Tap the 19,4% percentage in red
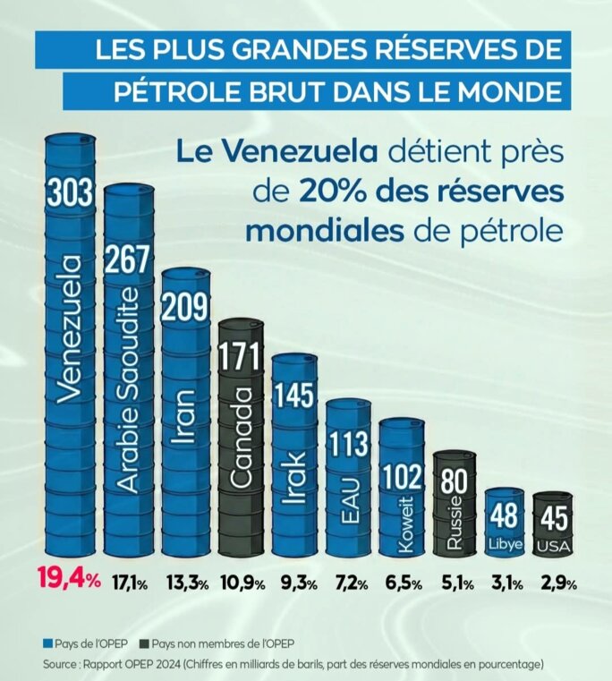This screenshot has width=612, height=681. click(67, 581)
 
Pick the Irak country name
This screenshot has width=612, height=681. click(295, 480)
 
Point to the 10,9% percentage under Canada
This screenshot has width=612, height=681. click(242, 583)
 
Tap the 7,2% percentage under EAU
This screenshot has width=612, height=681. click(350, 583)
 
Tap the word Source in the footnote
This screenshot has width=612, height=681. click(61, 664)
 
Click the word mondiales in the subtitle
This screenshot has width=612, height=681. click(323, 230)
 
